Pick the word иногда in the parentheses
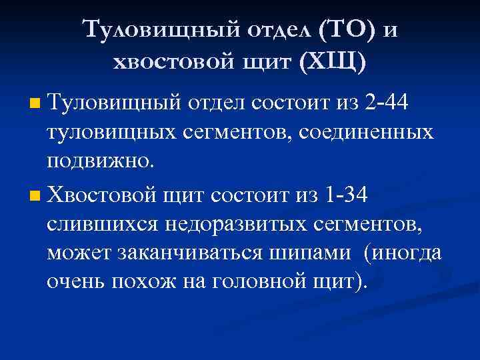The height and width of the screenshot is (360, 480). tap(409, 254)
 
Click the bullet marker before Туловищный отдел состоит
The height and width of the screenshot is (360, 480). tap(35, 105)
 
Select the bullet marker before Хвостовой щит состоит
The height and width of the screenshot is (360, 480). tap(35, 197)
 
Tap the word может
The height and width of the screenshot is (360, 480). tap(77, 254)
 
